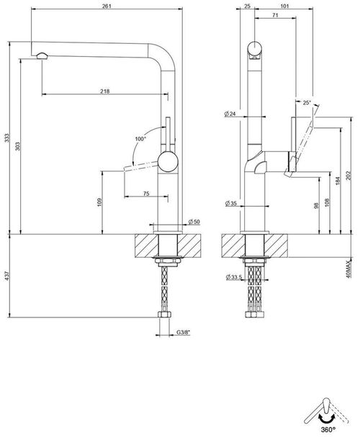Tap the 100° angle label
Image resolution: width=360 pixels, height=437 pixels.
140,138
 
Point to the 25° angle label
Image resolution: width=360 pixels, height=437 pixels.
307,103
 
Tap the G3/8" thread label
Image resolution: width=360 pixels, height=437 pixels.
185,332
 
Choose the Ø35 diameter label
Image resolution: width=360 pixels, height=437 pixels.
230,204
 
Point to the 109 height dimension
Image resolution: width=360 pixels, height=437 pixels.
99,203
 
